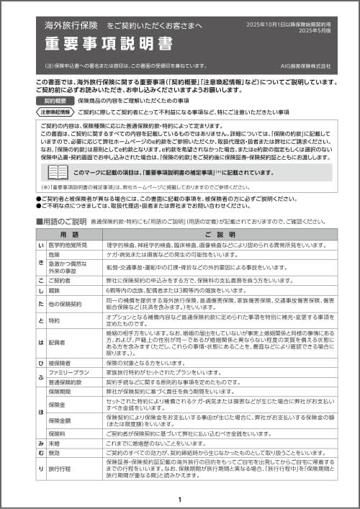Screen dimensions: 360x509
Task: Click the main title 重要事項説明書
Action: [x=108, y=44]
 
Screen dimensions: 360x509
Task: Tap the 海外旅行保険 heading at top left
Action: [x=71, y=25]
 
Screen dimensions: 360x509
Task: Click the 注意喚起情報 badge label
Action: [x=55, y=113]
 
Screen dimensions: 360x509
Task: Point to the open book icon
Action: [x=58, y=173]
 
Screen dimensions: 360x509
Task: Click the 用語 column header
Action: [x=70, y=235]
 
